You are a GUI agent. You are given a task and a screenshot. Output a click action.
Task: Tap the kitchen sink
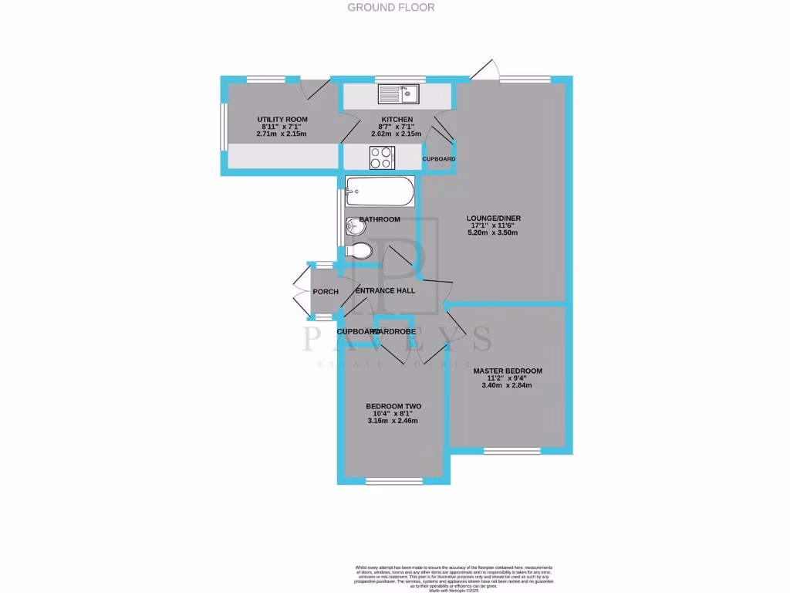(x=398, y=94)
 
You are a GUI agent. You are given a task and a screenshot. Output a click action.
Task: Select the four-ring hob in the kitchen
(x=381, y=158)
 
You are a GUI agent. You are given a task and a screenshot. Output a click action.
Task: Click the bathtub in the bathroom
(x=380, y=191)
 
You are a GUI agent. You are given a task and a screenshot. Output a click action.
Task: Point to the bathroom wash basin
(x=354, y=227)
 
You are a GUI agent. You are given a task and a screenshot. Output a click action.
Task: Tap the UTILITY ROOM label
(x=282, y=119)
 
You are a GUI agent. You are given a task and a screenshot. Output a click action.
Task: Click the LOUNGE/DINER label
(x=492, y=218)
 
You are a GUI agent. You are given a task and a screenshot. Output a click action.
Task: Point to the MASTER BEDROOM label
(x=508, y=371)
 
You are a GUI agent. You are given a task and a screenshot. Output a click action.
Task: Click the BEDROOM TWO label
(x=393, y=406)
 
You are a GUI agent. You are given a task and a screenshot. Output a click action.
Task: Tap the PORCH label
(x=326, y=292)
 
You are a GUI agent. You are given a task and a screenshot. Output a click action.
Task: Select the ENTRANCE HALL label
(x=385, y=291)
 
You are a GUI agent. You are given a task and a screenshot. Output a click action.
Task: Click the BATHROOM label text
(x=379, y=220)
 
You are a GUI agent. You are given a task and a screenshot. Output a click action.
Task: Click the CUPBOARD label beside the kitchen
(x=439, y=159)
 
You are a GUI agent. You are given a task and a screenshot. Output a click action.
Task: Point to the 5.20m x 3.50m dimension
(x=492, y=232)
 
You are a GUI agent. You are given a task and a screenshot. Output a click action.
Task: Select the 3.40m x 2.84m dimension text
(x=508, y=385)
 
